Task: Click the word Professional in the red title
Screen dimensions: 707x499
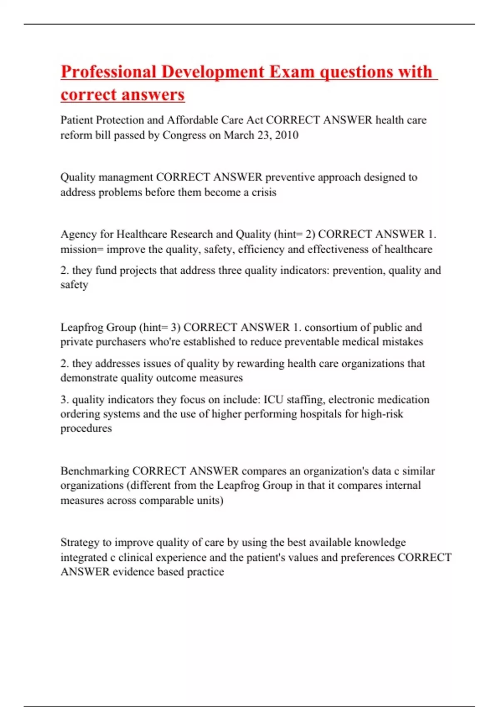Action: click(108, 72)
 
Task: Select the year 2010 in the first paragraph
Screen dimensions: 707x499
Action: click(287, 135)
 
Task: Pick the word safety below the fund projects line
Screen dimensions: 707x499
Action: click(74, 285)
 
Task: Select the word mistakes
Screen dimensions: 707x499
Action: click(403, 342)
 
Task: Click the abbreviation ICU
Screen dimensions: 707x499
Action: click(274, 400)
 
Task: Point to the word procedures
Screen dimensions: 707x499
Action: click(86, 428)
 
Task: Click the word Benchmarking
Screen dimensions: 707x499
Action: click(95, 471)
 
